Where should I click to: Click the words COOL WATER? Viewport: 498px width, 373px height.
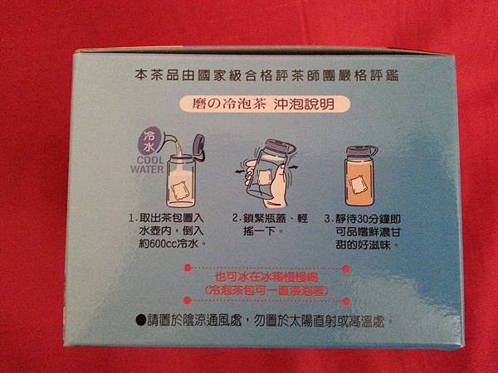[x=148, y=165]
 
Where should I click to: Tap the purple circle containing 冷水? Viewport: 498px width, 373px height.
[x=150, y=141]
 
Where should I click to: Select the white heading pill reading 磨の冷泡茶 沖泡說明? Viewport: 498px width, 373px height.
[x=265, y=104]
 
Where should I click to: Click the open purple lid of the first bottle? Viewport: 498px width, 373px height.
[x=199, y=147]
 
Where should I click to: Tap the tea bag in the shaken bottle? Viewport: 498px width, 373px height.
[x=264, y=177]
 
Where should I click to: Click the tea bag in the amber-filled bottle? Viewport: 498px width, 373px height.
[x=359, y=184]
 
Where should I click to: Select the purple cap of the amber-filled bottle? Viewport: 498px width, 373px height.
[x=360, y=151]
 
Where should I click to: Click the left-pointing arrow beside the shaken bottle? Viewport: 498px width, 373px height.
[x=240, y=172]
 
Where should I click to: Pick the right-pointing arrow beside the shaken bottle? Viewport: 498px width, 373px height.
[x=293, y=167]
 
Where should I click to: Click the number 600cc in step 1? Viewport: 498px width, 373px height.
[x=163, y=244]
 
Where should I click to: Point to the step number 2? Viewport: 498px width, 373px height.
[x=236, y=218]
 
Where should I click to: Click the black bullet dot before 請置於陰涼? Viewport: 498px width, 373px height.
[x=141, y=320]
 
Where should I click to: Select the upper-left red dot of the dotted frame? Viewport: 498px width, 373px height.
[x=188, y=269]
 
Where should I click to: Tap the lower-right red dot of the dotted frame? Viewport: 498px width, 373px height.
[x=346, y=301]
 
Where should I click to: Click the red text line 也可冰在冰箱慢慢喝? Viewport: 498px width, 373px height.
[x=266, y=278]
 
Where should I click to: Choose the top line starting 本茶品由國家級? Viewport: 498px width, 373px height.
[x=266, y=75]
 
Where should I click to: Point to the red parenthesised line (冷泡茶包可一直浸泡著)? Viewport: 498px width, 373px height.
[x=266, y=291]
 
